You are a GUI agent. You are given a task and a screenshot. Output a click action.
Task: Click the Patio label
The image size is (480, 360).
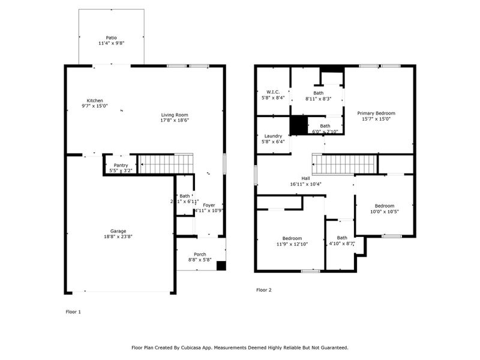[111, 37]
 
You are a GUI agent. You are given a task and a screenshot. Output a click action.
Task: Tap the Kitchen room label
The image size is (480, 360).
[95, 100]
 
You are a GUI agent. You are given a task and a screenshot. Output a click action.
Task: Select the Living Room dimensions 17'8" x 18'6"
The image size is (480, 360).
[174, 121]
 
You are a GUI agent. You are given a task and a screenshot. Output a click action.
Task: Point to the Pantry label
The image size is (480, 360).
[121, 165]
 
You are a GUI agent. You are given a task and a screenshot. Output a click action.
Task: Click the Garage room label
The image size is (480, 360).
[118, 230]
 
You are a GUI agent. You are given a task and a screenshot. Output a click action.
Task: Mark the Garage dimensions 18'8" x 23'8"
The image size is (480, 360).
[118, 236]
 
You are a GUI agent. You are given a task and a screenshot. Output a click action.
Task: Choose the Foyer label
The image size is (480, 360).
[208, 205]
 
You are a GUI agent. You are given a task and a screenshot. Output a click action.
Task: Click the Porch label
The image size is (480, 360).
[200, 254]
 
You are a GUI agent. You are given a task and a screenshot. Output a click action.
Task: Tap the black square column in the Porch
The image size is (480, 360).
[221, 265]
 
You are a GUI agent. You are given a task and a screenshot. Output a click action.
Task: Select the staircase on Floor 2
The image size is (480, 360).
[344, 163]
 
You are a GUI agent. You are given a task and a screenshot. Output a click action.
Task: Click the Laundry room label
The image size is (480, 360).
[273, 136]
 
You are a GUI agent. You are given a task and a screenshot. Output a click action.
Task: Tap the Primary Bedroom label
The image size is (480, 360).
[376, 113]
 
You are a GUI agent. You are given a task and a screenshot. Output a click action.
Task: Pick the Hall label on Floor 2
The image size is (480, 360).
[306, 178]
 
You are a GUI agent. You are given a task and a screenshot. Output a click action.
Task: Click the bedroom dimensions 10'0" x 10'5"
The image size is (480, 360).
[384, 211]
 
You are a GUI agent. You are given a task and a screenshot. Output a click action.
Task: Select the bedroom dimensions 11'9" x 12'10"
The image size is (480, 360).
[292, 244]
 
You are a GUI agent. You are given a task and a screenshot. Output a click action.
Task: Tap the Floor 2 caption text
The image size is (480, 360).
[264, 290]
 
